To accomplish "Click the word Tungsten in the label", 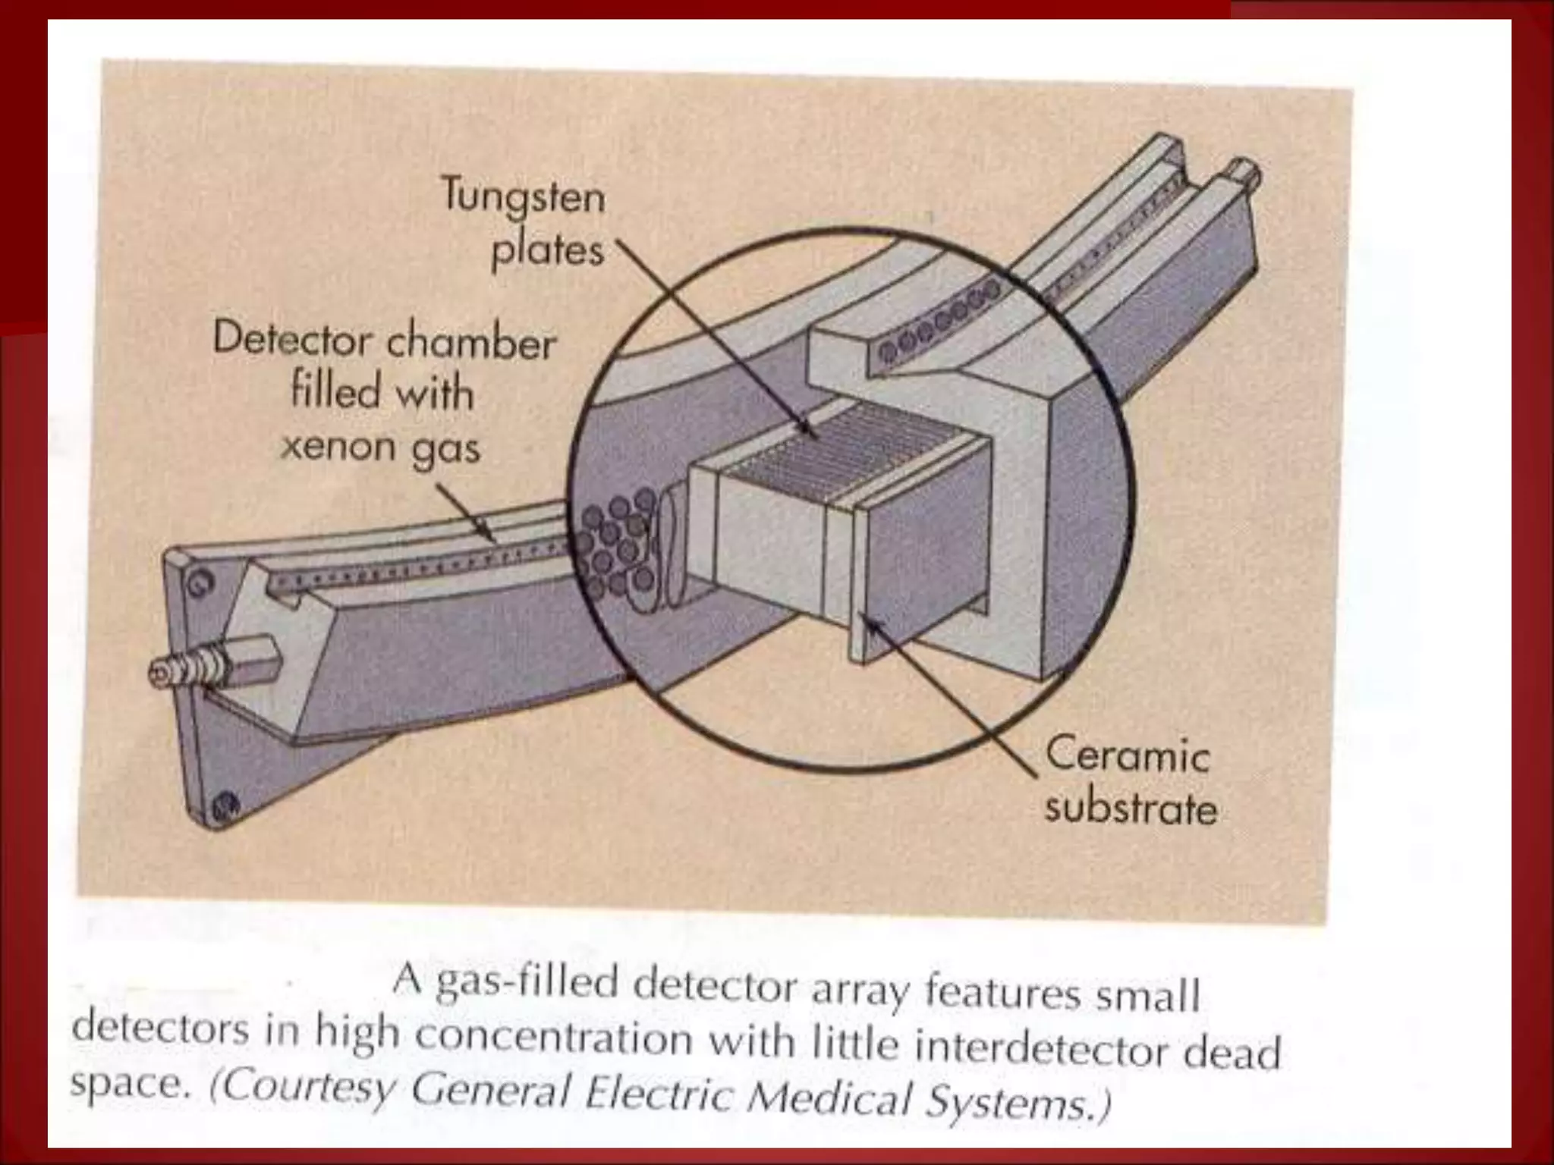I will [523, 198].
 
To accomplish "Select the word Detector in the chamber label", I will [292, 341].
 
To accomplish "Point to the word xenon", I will [337, 446].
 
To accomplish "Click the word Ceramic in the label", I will [1127, 756].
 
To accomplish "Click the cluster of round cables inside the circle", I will [616, 545].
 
